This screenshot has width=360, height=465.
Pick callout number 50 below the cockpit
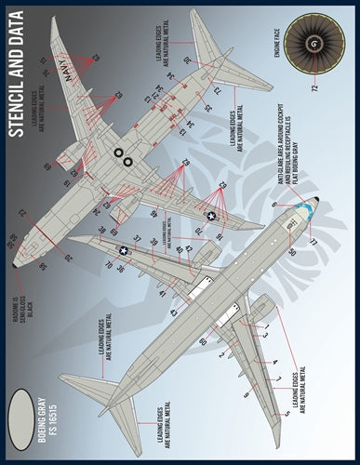291,251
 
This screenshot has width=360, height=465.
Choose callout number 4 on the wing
275,361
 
